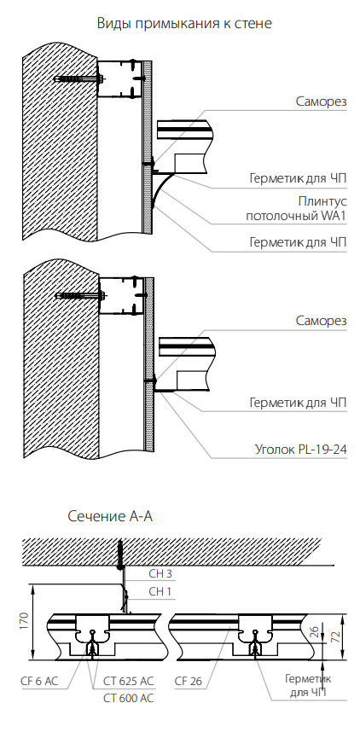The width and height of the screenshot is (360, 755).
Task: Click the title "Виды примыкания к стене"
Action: (184, 23)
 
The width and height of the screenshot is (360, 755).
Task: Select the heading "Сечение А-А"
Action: (110, 517)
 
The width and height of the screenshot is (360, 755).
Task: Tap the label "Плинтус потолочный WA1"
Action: (296, 208)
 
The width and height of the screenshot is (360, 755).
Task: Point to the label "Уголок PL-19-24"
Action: (301, 450)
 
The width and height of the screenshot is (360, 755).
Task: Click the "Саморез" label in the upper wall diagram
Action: (321, 102)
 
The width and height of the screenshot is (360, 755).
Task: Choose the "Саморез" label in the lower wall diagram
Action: (321, 321)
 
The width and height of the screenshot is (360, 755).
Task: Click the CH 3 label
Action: (160, 574)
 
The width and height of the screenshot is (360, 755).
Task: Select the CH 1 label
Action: (160, 592)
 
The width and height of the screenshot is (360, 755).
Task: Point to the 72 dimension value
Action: (339, 637)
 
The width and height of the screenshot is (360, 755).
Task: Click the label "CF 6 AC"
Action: (39, 682)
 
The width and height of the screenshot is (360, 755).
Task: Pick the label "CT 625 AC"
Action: (129, 682)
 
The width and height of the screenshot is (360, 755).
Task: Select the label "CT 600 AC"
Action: (129, 698)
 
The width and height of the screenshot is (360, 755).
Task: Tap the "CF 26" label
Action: (189, 682)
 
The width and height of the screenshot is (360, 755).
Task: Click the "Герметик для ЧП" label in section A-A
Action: (308, 686)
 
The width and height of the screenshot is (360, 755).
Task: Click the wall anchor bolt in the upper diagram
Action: (80, 78)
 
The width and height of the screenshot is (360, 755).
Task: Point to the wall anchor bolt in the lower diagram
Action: (80, 296)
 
